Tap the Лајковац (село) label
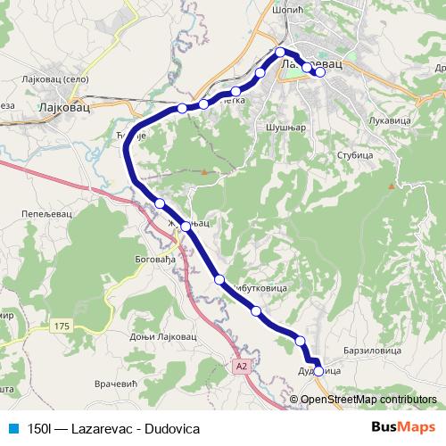pos(50,79)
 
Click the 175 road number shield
pos(60,327)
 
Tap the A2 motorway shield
pos(242,365)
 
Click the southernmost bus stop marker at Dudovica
pos(318,370)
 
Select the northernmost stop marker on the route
pos(280,52)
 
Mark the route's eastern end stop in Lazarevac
pos(320,73)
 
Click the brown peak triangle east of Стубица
pos(391,186)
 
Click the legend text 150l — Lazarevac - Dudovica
pos(112,428)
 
